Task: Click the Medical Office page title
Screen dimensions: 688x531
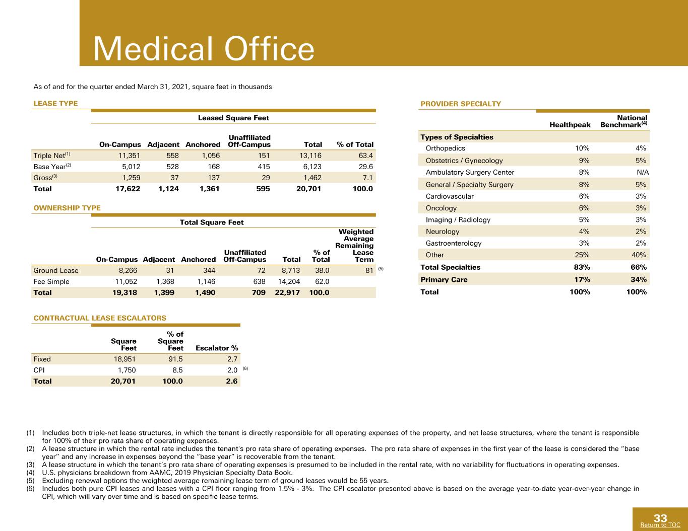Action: click(x=204, y=49)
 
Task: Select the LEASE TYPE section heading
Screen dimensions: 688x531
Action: click(x=56, y=103)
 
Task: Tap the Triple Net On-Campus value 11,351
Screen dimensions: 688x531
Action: click(x=129, y=156)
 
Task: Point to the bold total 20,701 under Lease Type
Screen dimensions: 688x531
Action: click(x=308, y=189)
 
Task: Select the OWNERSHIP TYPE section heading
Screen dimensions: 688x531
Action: click(x=67, y=208)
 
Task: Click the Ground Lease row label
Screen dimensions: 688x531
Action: click(x=56, y=270)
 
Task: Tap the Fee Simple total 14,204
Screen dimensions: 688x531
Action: click(x=289, y=281)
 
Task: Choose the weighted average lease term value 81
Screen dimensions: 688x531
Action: click(x=369, y=270)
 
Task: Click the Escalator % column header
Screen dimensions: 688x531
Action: click(x=217, y=348)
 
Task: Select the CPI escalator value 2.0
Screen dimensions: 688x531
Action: click(x=232, y=370)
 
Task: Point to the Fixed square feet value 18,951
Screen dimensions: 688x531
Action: click(x=124, y=359)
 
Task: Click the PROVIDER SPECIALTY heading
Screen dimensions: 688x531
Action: click(x=461, y=104)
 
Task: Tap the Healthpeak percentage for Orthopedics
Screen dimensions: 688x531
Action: click(x=582, y=148)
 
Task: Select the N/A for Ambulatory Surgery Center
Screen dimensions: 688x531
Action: click(x=643, y=172)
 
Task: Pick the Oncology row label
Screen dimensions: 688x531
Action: click(x=441, y=208)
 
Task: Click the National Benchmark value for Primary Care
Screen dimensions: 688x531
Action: click(x=639, y=279)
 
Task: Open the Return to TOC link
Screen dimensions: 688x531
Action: click(x=660, y=525)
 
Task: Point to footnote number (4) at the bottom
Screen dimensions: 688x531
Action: click(x=30, y=473)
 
